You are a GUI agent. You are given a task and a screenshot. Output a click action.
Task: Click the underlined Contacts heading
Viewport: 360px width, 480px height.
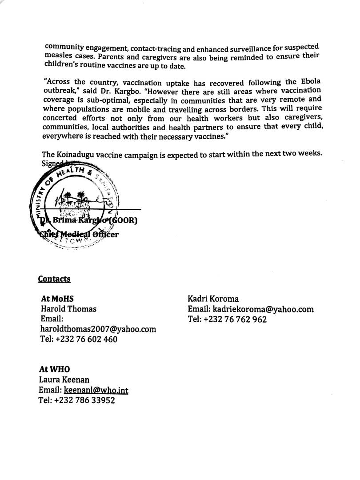(x=54, y=279)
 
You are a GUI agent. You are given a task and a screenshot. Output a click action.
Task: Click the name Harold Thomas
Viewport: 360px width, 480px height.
(x=68, y=309)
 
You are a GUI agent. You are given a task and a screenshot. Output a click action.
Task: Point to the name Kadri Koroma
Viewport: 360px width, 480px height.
(x=213, y=299)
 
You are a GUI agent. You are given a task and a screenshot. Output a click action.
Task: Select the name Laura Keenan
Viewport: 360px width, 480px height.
(x=64, y=380)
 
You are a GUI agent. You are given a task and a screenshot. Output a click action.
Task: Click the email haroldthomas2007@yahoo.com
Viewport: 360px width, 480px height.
(x=98, y=329)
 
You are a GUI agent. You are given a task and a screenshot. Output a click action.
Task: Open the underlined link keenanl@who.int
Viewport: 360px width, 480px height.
(x=96, y=390)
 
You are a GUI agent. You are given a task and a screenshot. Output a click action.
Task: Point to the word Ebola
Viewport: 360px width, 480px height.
(x=308, y=82)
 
